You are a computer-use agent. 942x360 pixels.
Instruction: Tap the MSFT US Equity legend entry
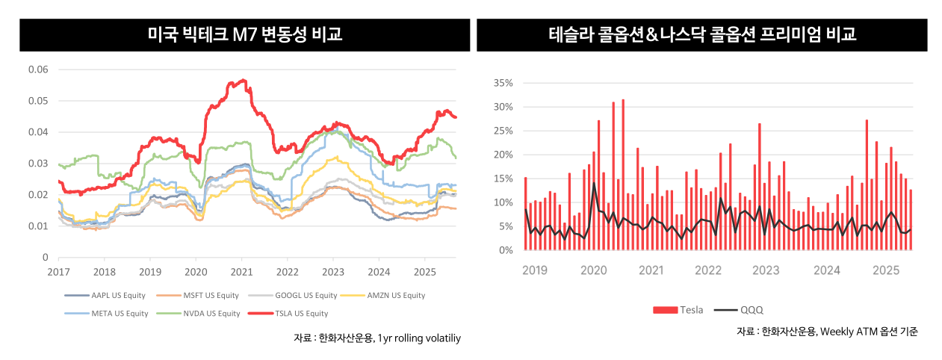207,295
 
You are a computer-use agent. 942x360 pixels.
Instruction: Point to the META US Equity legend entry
116,314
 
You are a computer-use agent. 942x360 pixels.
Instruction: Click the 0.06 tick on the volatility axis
38,69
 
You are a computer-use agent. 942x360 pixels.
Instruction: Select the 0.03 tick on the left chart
38,164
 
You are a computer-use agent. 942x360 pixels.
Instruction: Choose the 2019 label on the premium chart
534,269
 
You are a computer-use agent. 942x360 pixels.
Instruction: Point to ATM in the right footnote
853,332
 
